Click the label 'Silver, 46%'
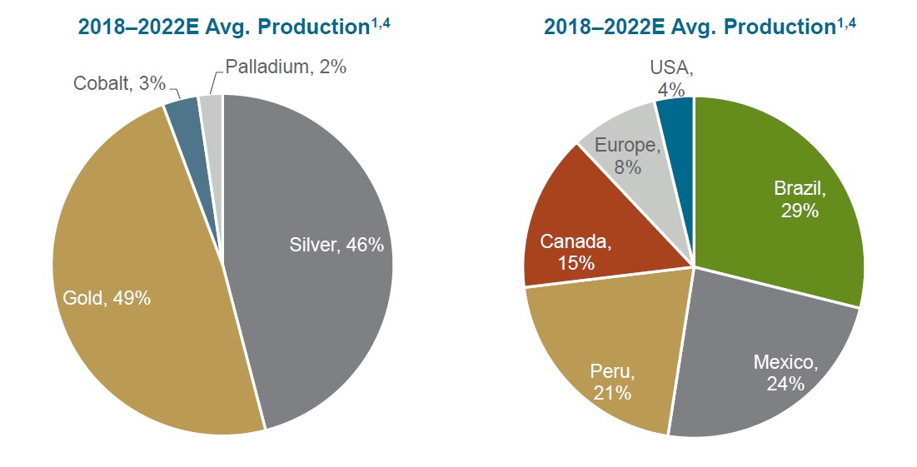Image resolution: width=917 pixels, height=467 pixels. [336, 245]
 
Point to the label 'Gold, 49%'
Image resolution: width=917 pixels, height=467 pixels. [107, 298]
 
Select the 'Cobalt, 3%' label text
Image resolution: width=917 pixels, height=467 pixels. [119, 83]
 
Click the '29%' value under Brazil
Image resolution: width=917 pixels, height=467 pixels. [800, 211]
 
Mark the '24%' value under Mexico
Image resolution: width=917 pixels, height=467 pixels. [786, 384]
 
